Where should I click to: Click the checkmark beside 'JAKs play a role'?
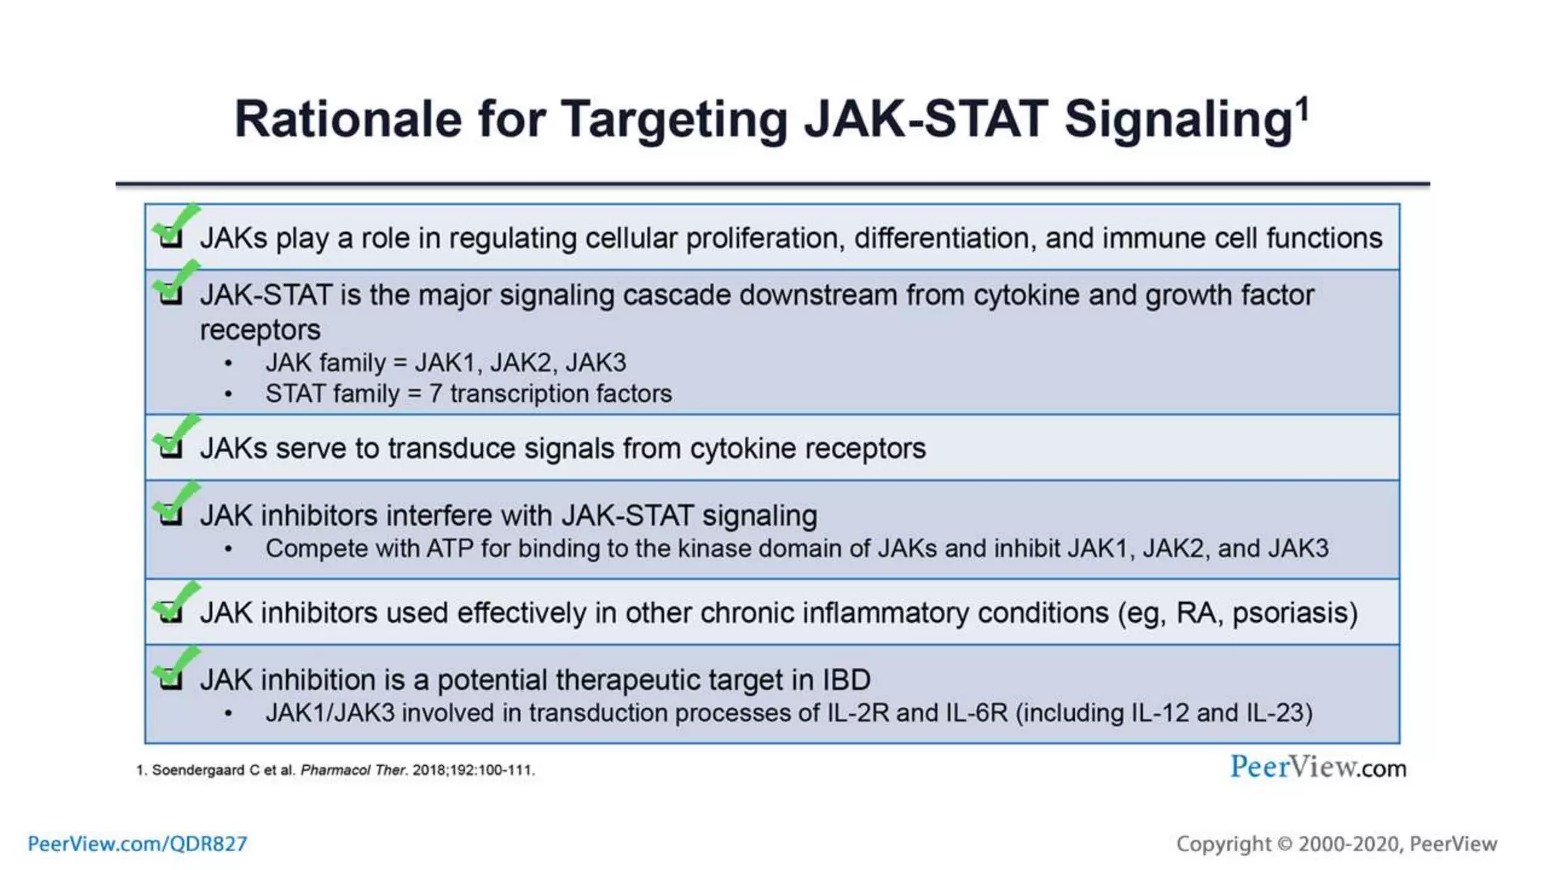pyautogui.click(x=174, y=227)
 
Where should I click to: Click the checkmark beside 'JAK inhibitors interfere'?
pyautogui.click(x=174, y=505)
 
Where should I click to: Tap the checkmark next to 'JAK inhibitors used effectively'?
pyautogui.click(x=174, y=603)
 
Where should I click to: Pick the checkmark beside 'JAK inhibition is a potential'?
pyautogui.click(x=174, y=669)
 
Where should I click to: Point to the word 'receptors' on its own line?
pyautogui.click(x=260, y=331)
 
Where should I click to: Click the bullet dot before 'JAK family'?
pyautogui.click(x=228, y=364)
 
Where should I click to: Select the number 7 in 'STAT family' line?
pyautogui.click(x=436, y=394)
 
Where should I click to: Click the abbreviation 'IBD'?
pyautogui.click(x=845, y=680)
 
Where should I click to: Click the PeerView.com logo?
pyautogui.click(x=1317, y=767)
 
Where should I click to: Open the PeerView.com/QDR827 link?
pyautogui.click(x=137, y=844)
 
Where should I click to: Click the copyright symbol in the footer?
pyautogui.click(x=1284, y=844)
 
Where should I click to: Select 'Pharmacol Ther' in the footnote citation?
pyautogui.click(x=353, y=770)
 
